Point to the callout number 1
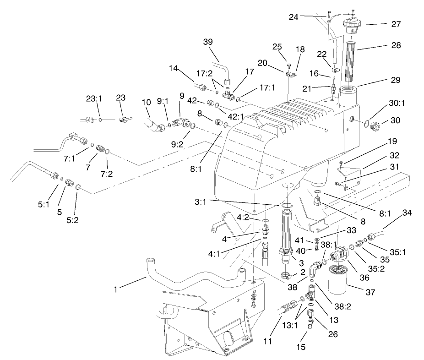click(x=117, y=289)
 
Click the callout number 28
click(x=395, y=46)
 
